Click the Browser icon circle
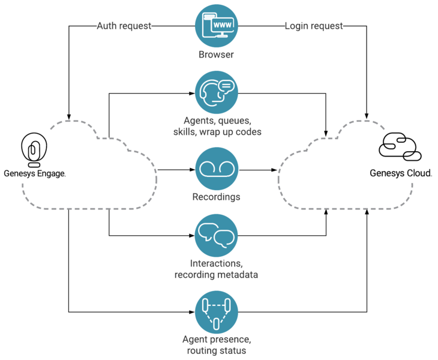(x=217, y=26)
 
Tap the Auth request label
(x=124, y=26)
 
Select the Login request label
(x=314, y=26)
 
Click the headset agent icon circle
(x=217, y=92)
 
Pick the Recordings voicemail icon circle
(x=217, y=169)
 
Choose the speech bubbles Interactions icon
(x=217, y=235)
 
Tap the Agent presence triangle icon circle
(x=217, y=312)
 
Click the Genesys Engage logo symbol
(x=34, y=149)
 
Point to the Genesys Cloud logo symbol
(x=400, y=147)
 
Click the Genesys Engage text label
(x=35, y=173)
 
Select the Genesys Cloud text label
(x=401, y=173)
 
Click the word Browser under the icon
(x=216, y=55)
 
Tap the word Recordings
(x=216, y=197)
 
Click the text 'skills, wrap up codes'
(x=217, y=132)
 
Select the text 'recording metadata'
(x=216, y=275)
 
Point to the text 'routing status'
(x=217, y=350)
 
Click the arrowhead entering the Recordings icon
(x=192, y=170)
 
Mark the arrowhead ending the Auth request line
(x=69, y=117)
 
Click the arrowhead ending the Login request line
(x=367, y=116)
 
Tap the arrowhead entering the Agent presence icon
(x=192, y=312)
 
